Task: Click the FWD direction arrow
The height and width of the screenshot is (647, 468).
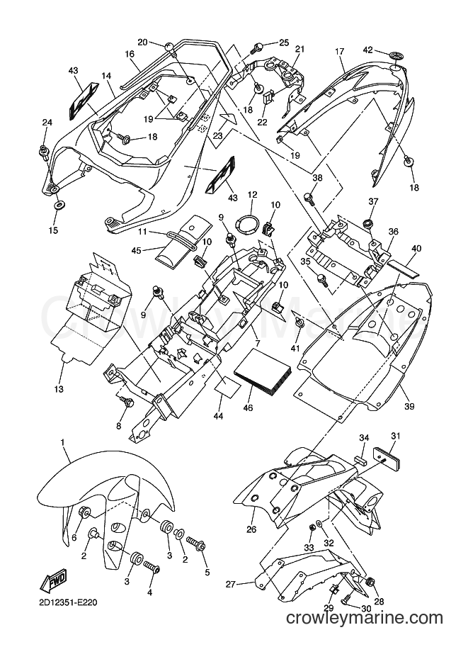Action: [x=53, y=583]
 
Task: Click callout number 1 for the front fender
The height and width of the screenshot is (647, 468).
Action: [x=62, y=442]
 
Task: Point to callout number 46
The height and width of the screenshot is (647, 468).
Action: [x=249, y=408]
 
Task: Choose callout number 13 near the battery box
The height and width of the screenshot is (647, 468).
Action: [x=59, y=388]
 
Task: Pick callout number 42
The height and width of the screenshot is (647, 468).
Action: [x=367, y=50]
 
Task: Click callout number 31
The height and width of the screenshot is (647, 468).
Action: [x=396, y=436]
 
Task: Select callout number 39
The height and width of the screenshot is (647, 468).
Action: [x=409, y=407]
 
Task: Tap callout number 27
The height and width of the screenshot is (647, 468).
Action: [x=231, y=584]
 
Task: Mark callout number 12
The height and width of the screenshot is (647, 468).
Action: [x=252, y=194]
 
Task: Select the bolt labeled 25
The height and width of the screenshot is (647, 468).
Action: [x=258, y=47]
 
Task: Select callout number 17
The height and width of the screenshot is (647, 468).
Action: [x=339, y=52]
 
